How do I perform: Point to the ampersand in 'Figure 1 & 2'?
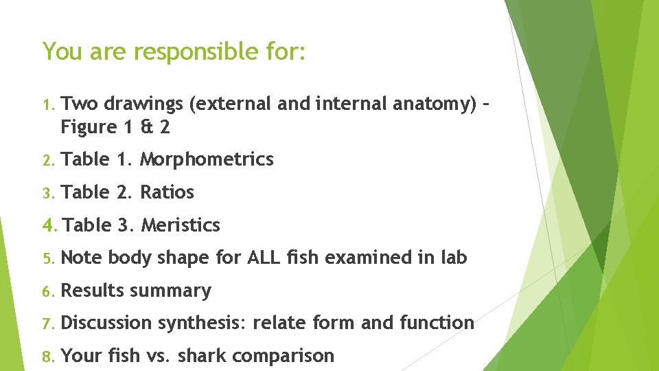pos(146,127)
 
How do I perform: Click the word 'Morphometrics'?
pos(207,160)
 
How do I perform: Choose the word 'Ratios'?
pos(167,192)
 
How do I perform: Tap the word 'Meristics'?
pos(181,225)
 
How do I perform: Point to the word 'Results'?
pos(92,291)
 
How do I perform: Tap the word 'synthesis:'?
pos(203,324)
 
